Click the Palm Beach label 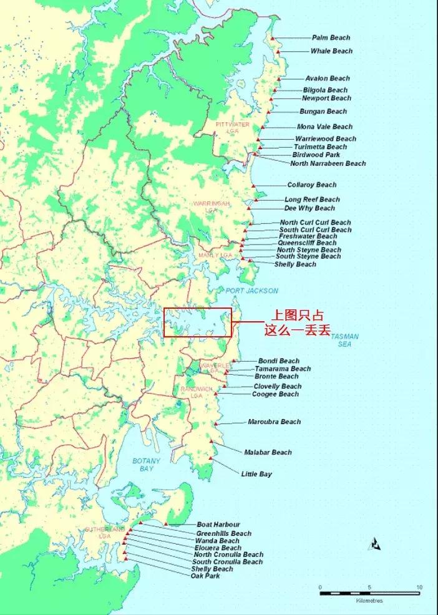point(331,38)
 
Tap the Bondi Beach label point(278,361)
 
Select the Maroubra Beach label point(274,422)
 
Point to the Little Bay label point(256,475)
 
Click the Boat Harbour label point(218,525)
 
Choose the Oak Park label point(205,576)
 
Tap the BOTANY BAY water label point(146,465)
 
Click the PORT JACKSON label point(251,291)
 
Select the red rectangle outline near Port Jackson point(197,308)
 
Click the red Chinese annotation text point(297,323)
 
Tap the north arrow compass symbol point(375,544)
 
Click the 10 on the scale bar point(419,588)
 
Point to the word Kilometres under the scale point(369,601)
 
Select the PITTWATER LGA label point(232,128)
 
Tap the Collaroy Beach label point(311,185)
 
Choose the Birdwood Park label point(316,155)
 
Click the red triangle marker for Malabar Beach point(212,441)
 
